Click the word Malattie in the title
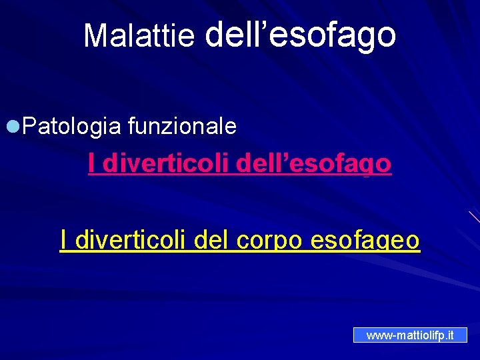click(x=139, y=36)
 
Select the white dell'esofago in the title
click(x=301, y=35)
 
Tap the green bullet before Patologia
click(x=13, y=125)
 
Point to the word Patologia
click(x=71, y=125)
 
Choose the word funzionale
click(x=181, y=125)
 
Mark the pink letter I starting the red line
click(x=91, y=163)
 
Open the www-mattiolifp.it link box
click(x=410, y=335)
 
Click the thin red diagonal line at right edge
click(x=474, y=217)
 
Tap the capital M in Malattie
click(x=95, y=36)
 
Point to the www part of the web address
click(x=378, y=335)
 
